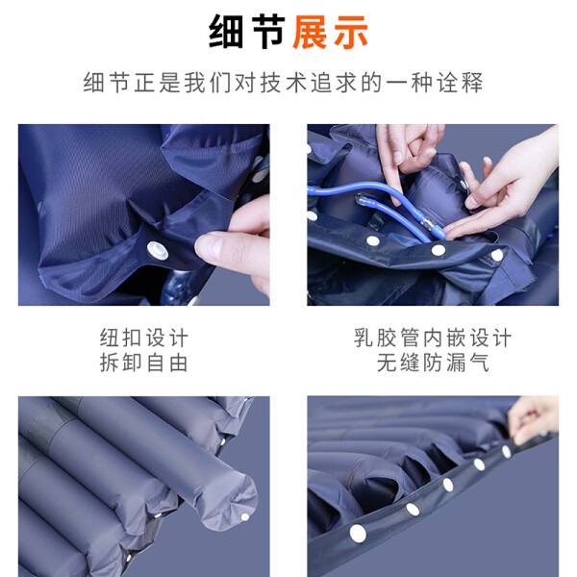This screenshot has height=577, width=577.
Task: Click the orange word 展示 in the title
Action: [330, 33]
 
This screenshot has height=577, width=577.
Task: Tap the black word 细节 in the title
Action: [246, 33]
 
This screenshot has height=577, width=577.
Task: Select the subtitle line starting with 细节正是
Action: [283, 82]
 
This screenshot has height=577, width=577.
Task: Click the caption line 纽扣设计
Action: [144, 338]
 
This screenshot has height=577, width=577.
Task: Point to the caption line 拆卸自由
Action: [144, 363]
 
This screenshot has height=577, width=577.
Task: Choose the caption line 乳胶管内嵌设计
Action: [433, 338]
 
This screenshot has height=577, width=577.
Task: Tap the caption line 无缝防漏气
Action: [433, 363]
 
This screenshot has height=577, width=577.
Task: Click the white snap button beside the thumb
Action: [158, 251]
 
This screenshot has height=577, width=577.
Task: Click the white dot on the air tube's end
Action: [244, 517]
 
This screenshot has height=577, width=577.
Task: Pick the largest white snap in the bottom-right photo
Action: [358, 533]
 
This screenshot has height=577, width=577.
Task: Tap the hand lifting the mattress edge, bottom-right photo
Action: [534, 419]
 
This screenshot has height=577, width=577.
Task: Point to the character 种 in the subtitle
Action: [422, 82]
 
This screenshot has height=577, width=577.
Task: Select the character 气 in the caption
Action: [478, 363]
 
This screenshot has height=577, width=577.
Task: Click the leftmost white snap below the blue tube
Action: [373, 241]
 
